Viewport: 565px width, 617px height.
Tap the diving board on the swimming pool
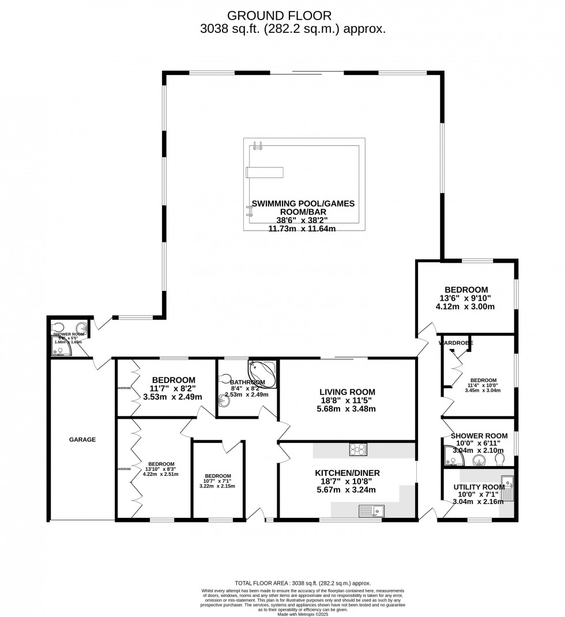tap(265, 172)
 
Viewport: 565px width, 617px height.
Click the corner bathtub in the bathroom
tap(263, 370)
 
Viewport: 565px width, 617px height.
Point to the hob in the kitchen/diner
tap(357, 450)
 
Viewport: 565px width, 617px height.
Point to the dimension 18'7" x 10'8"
tap(346, 482)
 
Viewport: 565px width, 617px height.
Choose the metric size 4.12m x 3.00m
tap(466, 307)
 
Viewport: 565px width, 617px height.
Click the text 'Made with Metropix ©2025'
tap(303, 614)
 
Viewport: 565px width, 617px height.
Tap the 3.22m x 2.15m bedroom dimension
tap(217, 486)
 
